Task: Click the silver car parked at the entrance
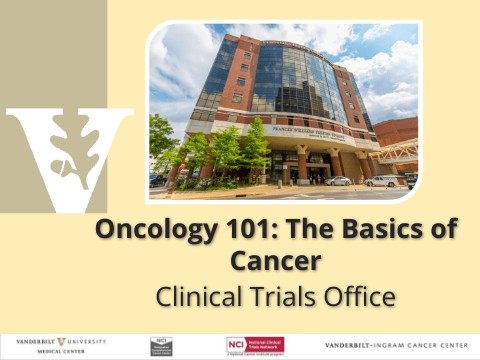tap(338, 181)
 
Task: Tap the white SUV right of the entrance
tap(384, 181)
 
